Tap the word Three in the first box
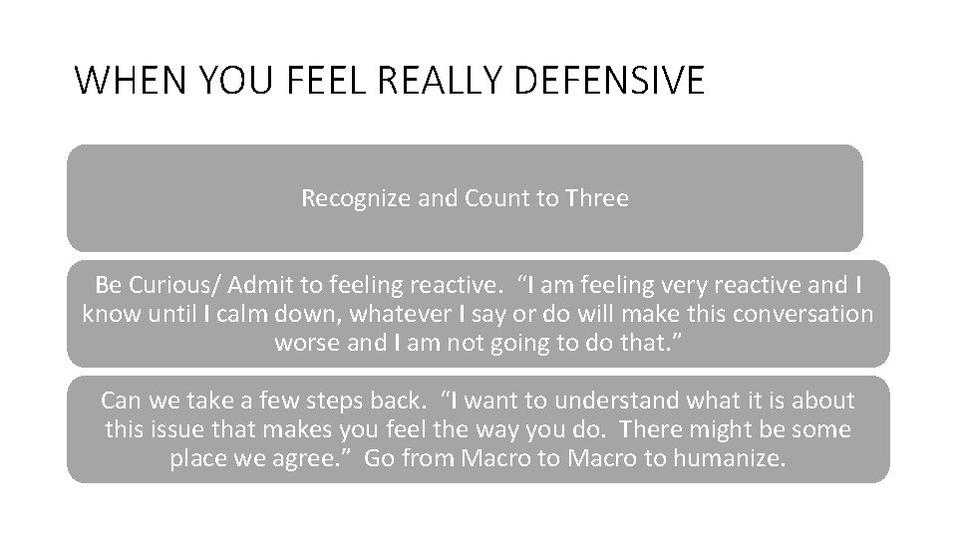point(596,198)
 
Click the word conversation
point(800,314)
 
